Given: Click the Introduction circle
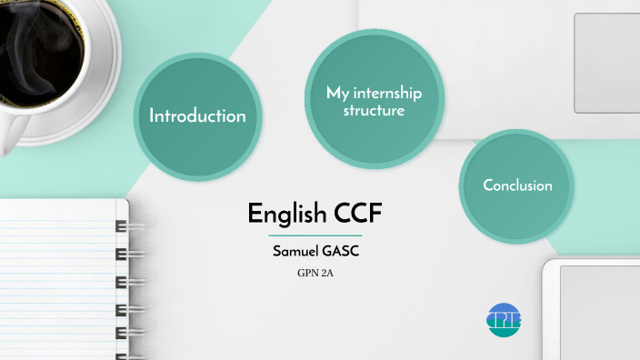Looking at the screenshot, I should [198, 115].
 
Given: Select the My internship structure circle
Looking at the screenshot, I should [374, 100].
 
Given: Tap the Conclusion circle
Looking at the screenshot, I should [517, 185].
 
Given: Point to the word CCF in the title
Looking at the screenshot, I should [356, 215].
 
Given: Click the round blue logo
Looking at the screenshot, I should [505, 319].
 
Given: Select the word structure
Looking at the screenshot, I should [374, 111].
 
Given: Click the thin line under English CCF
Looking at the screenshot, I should [315, 235].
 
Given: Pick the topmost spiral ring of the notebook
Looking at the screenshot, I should [121, 225].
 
